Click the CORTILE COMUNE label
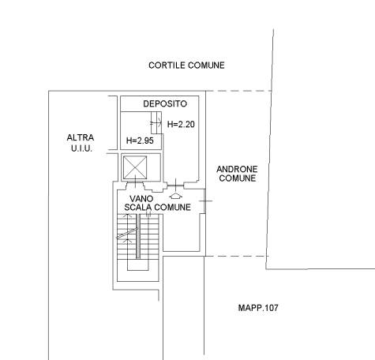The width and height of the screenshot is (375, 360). pyautogui.click(x=186, y=66)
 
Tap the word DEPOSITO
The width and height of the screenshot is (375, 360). pyautogui.click(x=165, y=103)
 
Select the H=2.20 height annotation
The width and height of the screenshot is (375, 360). pyautogui.click(x=181, y=124)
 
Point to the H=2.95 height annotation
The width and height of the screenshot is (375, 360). pyautogui.click(x=140, y=141)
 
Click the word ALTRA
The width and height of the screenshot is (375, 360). pyautogui.click(x=81, y=137)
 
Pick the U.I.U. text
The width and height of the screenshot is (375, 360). pyautogui.click(x=81, y=148)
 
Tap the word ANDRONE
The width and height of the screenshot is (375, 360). pyautogui.click(x=237, y=169)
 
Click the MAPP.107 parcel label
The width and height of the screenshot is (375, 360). pyautogui.click(x=258, y=308)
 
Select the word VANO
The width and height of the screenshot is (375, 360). pyautogui.click(x=141, y=198)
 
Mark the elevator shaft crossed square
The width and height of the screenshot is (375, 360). pyautogui.click(x=135, y=167)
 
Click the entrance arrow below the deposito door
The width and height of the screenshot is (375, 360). pyautogui.click(x=176, y=196)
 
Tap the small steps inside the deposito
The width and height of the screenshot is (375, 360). pyautogui.click(x=156, y=122)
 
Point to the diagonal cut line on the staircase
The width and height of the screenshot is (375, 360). pyautogui.click(x=127, y=234)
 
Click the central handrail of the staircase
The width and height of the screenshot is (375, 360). pyautogui.click(x=138, y=236)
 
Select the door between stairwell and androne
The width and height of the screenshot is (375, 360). pyautogui.click(x=205, y=201)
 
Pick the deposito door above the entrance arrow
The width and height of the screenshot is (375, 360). pyautogui.click(x=176, y=186)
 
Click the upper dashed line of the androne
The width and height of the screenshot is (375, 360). pyautogui.click(x=238, y=91)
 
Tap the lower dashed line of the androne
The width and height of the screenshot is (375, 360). pyautogui.click(x=237, y=256)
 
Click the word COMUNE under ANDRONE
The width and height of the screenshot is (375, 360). pyautogui.click(x=238, y=178)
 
